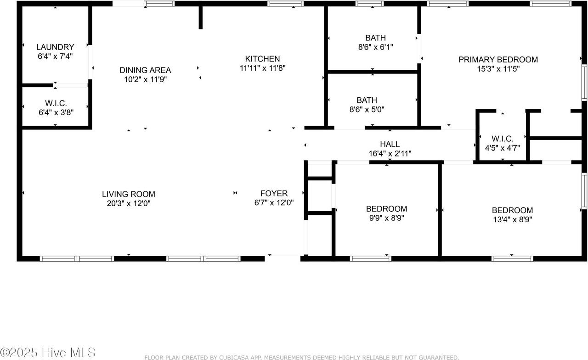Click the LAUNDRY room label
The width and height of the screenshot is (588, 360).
pos(55,47)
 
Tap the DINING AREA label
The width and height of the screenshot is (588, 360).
pos(145,70)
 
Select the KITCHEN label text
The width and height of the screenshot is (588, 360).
pos(262,58)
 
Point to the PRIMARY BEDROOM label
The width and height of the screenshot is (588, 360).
pos(498,60)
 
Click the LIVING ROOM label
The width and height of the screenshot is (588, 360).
pos(129,194)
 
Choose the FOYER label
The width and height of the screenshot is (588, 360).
pos(274,193)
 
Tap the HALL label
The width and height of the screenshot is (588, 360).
pos(390,144)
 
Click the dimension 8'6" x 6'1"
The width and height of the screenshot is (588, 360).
pos(376,47)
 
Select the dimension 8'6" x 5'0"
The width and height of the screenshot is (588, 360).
pos(367,109)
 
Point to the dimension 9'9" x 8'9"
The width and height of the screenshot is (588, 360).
pos(387,218)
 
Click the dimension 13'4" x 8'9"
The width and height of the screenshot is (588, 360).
pos(512,219)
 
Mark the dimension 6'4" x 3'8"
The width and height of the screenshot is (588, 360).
pos(56,112)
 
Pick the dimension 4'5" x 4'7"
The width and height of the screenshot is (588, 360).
pos(503,148)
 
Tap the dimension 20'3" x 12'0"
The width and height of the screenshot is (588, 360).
pos(129,203)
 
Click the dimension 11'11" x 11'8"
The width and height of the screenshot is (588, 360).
pos(262,68)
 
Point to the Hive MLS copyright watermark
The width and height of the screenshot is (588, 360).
pos(48,353)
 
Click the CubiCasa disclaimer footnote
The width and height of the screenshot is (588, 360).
pos(302,357)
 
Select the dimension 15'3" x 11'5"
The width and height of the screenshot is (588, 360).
pos(498,69)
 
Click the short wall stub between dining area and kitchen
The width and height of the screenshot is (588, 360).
pos(201,17)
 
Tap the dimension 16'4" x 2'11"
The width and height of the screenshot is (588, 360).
pos(390,153)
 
